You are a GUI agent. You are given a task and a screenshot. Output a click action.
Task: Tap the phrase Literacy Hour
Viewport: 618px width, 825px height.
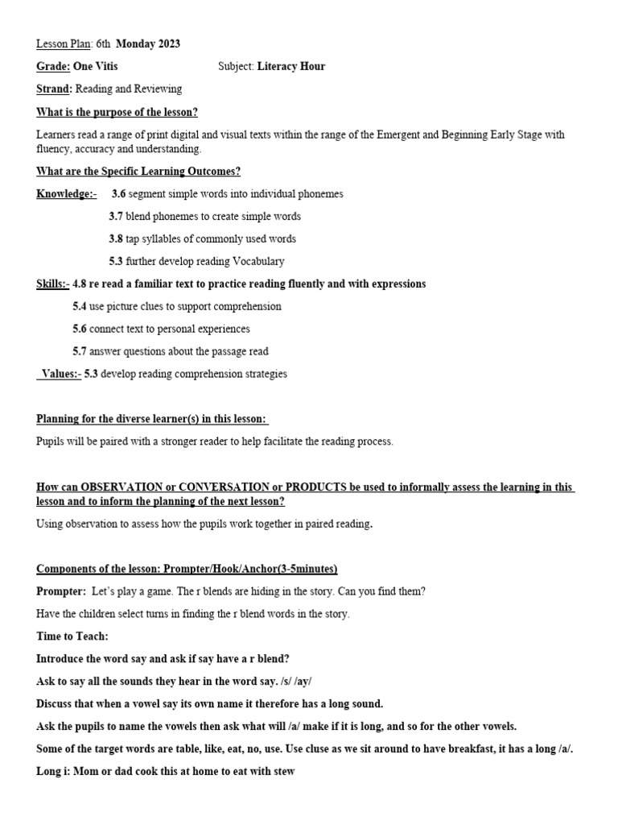pyautogui.click(x=291, y=66)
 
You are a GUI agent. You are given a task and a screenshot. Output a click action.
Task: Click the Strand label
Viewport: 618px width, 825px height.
pyautogui.click(x=53, y=89)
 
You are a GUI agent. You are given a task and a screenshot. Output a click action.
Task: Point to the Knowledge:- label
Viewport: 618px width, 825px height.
pyautogui.click(x=66, y=193)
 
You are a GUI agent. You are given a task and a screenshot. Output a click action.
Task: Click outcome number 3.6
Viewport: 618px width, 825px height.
pyautogui.click(x=118, y=193)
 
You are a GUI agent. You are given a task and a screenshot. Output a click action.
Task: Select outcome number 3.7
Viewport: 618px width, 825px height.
pyautogui.click(x=116, y=216)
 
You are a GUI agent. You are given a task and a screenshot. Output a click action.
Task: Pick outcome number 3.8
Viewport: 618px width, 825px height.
pyautogui.click(x=116, y=238)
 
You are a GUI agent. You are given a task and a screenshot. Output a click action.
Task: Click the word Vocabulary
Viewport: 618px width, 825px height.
pyautogui.click(x=258, y=261)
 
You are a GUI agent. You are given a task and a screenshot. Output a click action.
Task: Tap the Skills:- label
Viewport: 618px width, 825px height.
pyautogui.click(x=53, y=284)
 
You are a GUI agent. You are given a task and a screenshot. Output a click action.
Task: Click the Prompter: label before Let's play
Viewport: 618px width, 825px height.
pyautogui.click(x=61, y=591)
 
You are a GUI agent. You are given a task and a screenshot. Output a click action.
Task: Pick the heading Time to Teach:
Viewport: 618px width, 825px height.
pyautogui.click(x=72, y=636)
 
